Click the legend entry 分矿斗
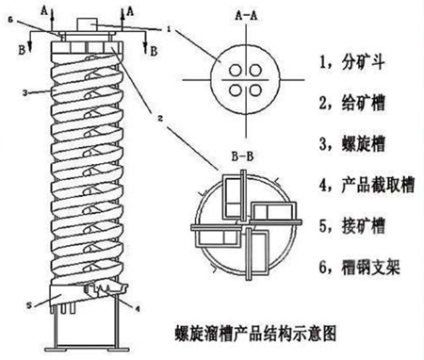pyautogui.click(x=351, y=62)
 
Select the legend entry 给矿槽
pyautogui.click(x=351, y=103)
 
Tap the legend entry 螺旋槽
pyautogui.click(x=351, y=144)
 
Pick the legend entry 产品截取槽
pyautogui.click(x=367, y=185)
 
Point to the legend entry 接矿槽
pyautogui.click(x=351, y=226)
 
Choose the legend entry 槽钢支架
pyautogui.click(x=360, y=268)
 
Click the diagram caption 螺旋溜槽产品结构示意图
pyautogui.click(x=255, y=334)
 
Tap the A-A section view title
pyautogui.click(x=246, y=16)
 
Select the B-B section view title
pyautogui.click(x=242, y=156)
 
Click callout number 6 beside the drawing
pyautogui.click(x=10, y=20)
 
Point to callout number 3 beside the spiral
pyautogui.click(x=25, y=93)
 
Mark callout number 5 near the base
pyautogui.click(x=29, y=305)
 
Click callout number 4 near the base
pyautogui.click(x=137, y=308)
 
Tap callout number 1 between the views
pyautogui.click(x=169, y=29)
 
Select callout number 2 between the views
pyautogui.click(x=160, y=119)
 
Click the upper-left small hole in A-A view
pyautogui.click(x=236, y=71)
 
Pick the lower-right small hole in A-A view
pyautogui.click(x=255, y=90)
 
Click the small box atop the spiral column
pyautogui.click(x=88, y=24)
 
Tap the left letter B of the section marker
pyautogui.click(x=22, y=50)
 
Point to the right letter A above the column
pyautogui.click(x=130, y=11)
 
